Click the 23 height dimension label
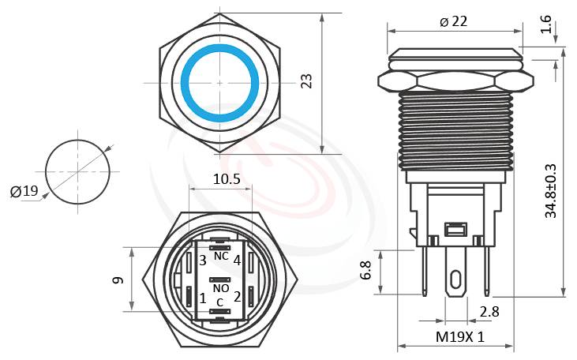click(307, 82)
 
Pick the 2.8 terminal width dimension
click(489, 312)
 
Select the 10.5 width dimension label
click(227, 179)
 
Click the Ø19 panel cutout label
click(24, 191)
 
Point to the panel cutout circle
click(77, 171)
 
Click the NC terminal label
click(221, 257)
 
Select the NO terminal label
click(221, 289)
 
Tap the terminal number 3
click(203, 260)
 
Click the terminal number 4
click(237, 260)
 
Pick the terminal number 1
click(203, 298)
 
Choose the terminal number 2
click(237, 298)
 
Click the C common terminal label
click(220, 302)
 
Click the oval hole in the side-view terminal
click(456, 280)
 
